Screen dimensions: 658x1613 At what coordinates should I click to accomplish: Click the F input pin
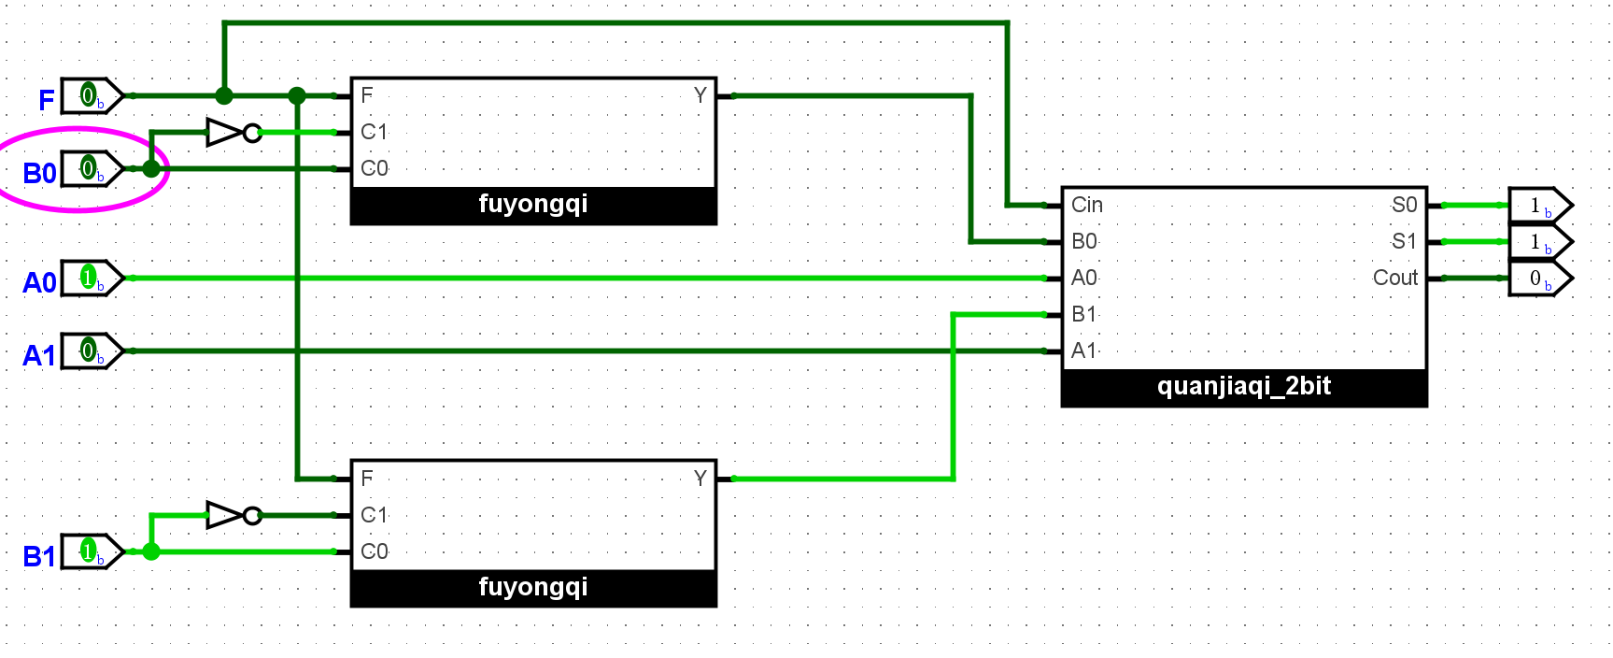pyautogui.click(x=90, y=95)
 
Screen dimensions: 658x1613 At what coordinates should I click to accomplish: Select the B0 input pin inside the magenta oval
pyautogui.click(x=90, y=169)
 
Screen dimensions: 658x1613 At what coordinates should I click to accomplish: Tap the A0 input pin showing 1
pyautogui.click(x=90, y=279)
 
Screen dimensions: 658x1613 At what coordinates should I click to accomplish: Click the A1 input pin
pyautogui.click(x=90, y=351)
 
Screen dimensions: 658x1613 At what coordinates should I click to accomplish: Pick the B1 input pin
pyautogui.click(x=90, y=551)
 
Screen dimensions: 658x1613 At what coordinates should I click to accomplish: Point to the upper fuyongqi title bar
pyautogui.click(x=533, y=205)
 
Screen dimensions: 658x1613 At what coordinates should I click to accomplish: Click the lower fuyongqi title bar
pyautogui.click(x=533, y=588)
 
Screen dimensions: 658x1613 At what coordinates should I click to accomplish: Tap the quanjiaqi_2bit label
pyautogui.click(x=1244, y=387)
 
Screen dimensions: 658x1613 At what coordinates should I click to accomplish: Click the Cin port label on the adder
pyautogui.click(x=1087, y=206)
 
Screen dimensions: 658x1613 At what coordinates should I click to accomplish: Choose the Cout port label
pyautogui.click(x=1394, y=279)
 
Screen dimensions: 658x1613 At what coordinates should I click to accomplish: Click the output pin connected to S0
pyautogui.click(x=1538, y=206)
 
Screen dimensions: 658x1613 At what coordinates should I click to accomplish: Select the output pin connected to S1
pyautogui.click(x=1538, y=242)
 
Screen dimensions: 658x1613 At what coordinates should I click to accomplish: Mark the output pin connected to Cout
pyautogui.click(x=1538, y=279)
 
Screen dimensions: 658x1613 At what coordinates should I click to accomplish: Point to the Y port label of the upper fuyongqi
pyautogui.click(x=700, y=95)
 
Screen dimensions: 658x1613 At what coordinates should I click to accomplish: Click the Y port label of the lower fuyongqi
pyautogui.click(x=700, y=479)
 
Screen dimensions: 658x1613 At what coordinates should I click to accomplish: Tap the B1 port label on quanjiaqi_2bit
pyautogui.click(x=1084, y=315)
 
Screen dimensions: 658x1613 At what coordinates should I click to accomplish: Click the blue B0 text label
pyautogui.click(x=39, y=174)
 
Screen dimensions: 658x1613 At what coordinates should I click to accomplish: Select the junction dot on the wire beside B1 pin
pyautogui.click(x=151, y=551)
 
